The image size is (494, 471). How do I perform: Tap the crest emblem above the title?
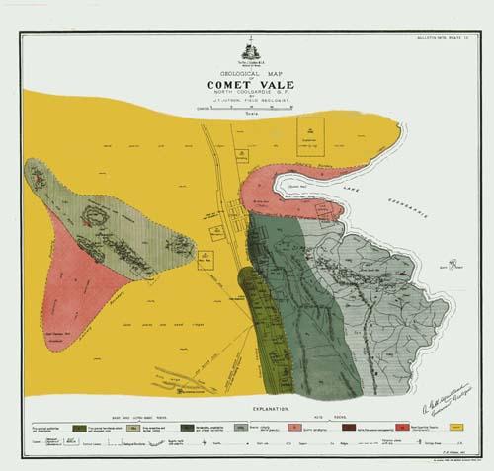click(x=248, y=50)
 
